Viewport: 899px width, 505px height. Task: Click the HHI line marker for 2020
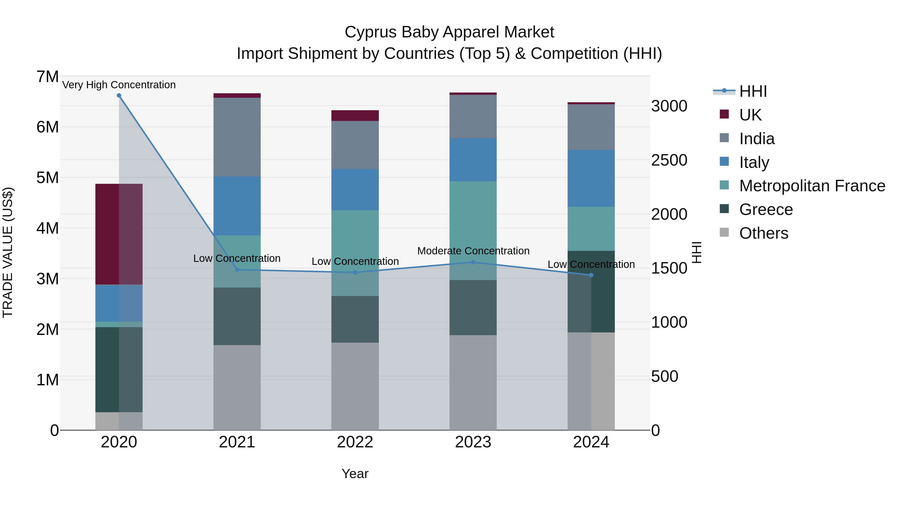[119, 96]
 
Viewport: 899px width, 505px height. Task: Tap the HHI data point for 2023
[473, 262]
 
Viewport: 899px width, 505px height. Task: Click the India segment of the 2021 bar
[237, 137]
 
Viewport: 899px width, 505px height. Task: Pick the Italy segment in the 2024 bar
[591, 179]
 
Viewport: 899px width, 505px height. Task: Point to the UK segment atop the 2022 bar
[355, 115]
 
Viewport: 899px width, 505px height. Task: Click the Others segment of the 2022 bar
[355, 386]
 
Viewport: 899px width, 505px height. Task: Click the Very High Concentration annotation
[119, 85]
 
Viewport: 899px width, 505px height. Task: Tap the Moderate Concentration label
[473, 251]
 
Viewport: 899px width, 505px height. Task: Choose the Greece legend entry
[766, 209]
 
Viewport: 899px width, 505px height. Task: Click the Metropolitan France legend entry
[812, 186]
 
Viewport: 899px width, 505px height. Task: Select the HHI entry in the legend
[753, 91]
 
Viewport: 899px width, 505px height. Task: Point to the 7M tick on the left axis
[47, 77]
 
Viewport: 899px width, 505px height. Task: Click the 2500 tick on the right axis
[669, 160]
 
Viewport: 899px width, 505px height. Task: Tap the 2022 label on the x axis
[355, 442]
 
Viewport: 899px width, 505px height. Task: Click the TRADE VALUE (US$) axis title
[8, 253]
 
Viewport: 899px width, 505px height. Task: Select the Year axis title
[355, 474]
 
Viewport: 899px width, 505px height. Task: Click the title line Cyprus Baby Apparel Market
[449, 32]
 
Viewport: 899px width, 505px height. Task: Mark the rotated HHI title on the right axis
[696, 253]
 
